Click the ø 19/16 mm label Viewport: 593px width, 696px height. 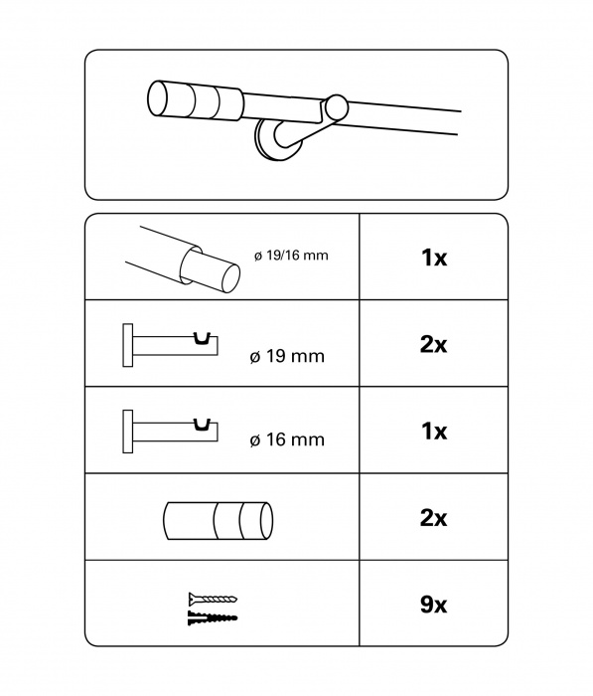point(291,256)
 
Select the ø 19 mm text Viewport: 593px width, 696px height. point(287,356)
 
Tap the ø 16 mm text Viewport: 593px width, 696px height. point(287,439)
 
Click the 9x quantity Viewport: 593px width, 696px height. point(433,605)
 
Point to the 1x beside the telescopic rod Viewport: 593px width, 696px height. point(434,257)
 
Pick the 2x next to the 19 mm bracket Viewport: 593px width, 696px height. point(433,344)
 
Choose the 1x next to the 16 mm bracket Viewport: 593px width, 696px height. point(434,431)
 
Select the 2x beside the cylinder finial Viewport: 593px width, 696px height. point(433,518)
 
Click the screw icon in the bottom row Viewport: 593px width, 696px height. point(213,599)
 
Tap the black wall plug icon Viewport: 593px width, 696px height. point(213,617)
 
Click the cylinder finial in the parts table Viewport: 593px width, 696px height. point(218,521)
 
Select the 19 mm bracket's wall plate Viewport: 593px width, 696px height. point(128,345)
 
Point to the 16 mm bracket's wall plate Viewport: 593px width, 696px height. point(128,432)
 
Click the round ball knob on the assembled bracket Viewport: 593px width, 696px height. point(337,107)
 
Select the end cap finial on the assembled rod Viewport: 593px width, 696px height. point(195,101)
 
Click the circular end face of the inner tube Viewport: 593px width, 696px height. point(230,278)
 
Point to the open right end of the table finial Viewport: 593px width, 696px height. point(266,521)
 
